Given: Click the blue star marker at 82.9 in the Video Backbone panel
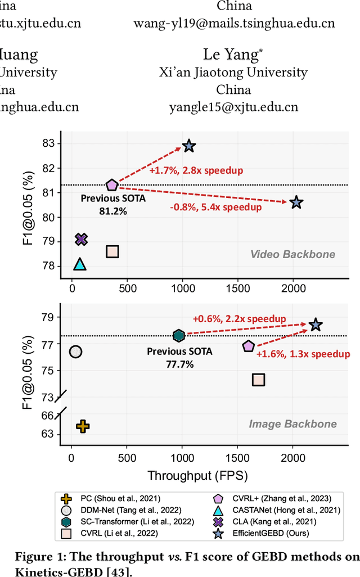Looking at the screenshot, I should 189,146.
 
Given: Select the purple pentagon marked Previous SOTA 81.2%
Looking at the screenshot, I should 112,185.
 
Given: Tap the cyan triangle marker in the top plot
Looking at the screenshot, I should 80,264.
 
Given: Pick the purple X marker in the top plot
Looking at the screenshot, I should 81,240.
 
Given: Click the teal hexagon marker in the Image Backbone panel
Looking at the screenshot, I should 178,336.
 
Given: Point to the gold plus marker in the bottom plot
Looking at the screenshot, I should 83,426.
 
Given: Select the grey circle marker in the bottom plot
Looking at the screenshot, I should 75,351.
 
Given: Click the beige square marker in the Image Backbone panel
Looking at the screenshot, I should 258,380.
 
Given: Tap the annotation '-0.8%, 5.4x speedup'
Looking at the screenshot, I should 216,207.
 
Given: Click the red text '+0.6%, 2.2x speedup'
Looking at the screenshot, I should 239,318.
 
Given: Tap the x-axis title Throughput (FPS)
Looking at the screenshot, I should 197,476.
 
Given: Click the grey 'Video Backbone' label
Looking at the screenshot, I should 292,254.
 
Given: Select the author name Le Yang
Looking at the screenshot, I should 233,55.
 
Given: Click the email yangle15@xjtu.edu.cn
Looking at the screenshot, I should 233,107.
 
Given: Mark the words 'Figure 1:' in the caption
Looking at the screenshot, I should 35,557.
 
